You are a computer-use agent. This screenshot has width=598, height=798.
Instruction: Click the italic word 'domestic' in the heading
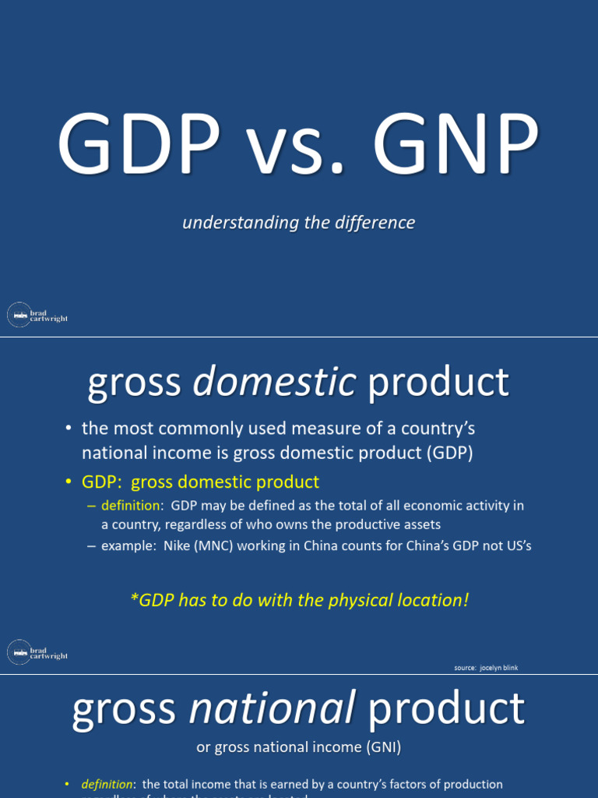coord(274,383)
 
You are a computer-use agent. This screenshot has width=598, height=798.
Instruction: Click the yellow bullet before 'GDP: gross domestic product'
coord(69,482)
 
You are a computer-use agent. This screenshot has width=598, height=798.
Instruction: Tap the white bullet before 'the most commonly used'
coord(69,429)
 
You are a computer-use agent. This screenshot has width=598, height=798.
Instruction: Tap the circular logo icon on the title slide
coord(19,315)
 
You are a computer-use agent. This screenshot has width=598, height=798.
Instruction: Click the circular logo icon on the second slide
coord(19,651)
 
